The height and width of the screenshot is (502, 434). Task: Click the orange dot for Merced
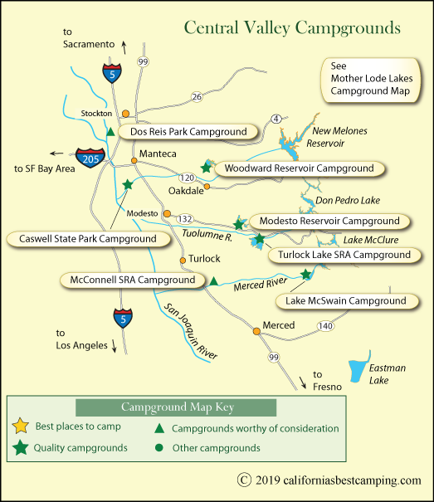click(257, 331)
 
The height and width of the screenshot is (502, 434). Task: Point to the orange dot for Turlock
click(183, 260)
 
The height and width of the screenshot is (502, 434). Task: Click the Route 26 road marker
click(197, 97)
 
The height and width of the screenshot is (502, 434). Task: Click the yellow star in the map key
click(21, 427)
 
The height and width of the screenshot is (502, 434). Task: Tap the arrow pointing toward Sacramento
click(124, 45)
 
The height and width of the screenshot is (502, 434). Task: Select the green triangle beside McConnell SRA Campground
click(213, 282)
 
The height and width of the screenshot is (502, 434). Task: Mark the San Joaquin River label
click(190, 330)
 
